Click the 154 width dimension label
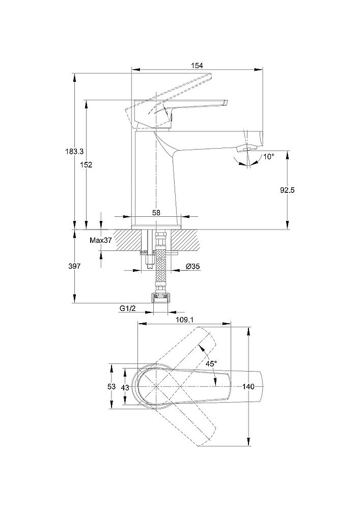[197, 65]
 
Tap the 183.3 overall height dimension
[74, 151]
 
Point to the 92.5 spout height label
[288, 189]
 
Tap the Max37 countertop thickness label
[100, 240]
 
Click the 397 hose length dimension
[74, 266]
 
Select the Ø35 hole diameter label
[192, 267]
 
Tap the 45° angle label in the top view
[211, 363]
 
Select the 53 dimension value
[112, 387]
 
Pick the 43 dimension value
[125, 387]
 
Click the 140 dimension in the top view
[248, 387]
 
